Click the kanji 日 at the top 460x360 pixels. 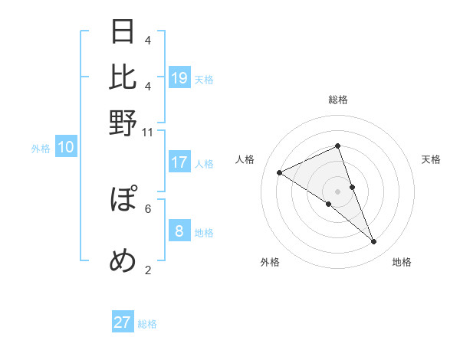123,32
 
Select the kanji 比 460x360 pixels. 123,77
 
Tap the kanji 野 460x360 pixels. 123,122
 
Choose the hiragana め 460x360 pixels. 123,260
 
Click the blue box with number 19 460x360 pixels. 179,77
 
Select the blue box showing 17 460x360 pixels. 179,162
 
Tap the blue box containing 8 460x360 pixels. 179,231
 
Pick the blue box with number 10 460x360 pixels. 66,148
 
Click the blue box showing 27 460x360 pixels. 123,322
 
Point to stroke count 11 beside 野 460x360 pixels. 147,132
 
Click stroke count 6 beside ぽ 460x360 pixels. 148,208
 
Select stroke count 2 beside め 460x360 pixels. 148,269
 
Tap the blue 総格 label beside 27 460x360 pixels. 147,324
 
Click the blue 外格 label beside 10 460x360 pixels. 41,149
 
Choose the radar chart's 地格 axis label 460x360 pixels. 402,263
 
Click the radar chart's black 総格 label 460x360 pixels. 338,100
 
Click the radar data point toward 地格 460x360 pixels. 374,242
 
